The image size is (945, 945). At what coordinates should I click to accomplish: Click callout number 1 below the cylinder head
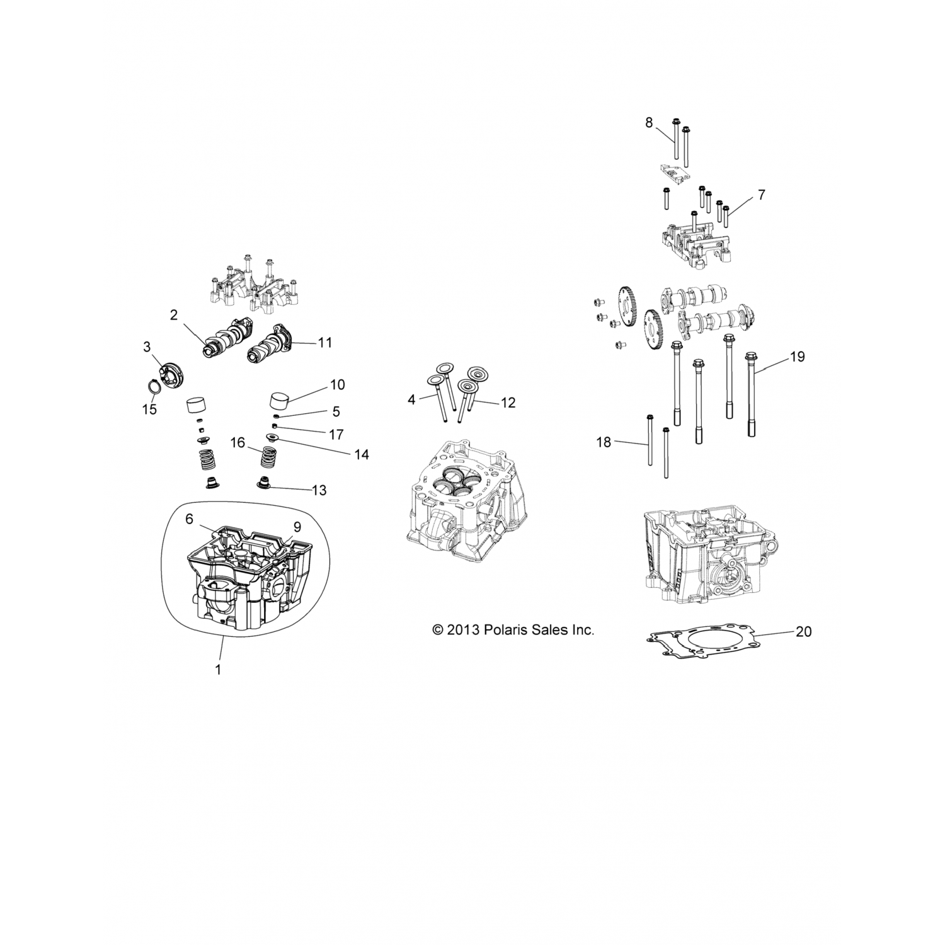tap(218, 670)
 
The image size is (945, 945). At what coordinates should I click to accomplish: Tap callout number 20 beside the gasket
tap(803, 631)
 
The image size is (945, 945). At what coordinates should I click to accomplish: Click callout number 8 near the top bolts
tap(649, 122)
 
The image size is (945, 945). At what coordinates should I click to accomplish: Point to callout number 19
tap(797, 357)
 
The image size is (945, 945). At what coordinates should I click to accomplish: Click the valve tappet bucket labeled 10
tap(283, 401)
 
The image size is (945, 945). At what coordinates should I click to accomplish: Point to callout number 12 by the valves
tap(508, 403)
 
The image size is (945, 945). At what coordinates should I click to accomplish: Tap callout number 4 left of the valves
tap(411, 399)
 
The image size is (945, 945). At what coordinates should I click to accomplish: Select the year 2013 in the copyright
tap(466, 629)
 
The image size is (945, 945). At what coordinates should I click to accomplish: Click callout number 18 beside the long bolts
tap(604, 442)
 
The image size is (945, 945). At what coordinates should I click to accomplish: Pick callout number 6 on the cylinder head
tap(189, 519)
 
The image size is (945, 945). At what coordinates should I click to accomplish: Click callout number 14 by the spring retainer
tap(361, 454)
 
